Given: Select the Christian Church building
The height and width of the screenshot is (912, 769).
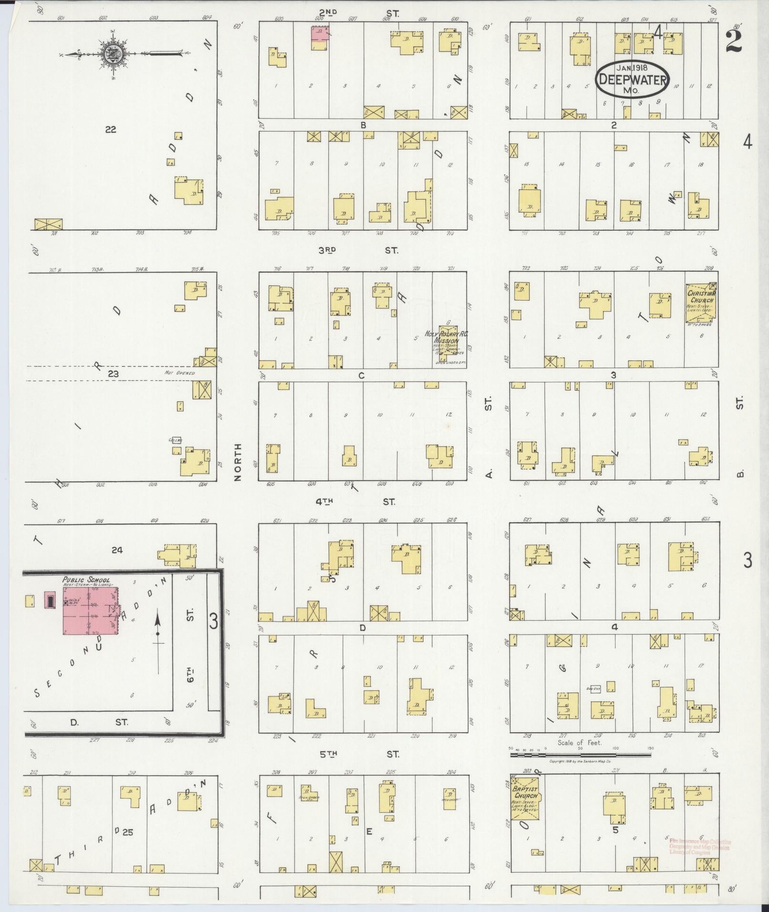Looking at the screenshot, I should [700, 301].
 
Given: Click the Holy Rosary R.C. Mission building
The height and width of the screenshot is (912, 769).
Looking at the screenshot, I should [447, 339].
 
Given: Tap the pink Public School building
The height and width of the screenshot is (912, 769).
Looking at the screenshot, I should [91, 610].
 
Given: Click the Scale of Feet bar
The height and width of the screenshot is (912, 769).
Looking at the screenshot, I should [580, 755].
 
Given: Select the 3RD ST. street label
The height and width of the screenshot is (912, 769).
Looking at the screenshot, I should [358, 250].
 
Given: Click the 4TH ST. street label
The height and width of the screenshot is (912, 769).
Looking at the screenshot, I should [355, 502].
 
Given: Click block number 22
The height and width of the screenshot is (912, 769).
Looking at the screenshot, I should [111, 129].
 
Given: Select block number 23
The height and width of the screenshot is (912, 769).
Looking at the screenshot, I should [113, 374].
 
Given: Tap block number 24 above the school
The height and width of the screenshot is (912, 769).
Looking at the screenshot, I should [117, 550].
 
